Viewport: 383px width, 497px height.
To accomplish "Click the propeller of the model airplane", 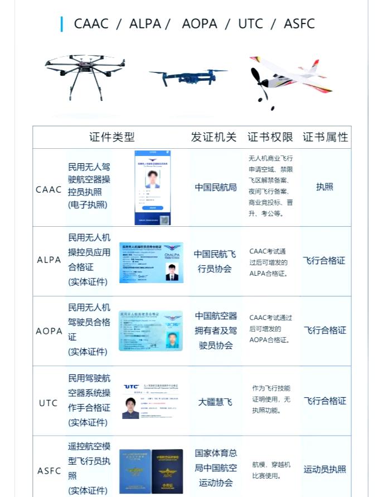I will coord(258,84).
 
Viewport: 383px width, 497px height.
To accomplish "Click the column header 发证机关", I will coord(214,137).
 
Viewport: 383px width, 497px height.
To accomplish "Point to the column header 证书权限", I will coord(270,137).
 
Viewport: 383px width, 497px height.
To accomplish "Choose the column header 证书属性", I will coord(325,137).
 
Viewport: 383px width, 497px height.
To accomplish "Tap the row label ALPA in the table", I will coord(49,260).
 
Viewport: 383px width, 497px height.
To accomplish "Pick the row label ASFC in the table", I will coord(49,471).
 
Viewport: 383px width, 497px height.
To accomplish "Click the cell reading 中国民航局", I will coord(215,187).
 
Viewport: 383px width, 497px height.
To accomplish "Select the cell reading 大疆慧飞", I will coord(215,401).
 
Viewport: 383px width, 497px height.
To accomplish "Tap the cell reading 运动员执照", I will coord(325,469).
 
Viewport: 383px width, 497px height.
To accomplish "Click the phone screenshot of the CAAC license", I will coord(152,188).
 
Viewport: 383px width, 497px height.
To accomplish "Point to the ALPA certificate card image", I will coord(151,262).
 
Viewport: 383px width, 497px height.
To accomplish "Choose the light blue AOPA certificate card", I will coord(151,331).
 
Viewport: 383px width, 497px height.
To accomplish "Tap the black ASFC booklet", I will coord(167,471).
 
